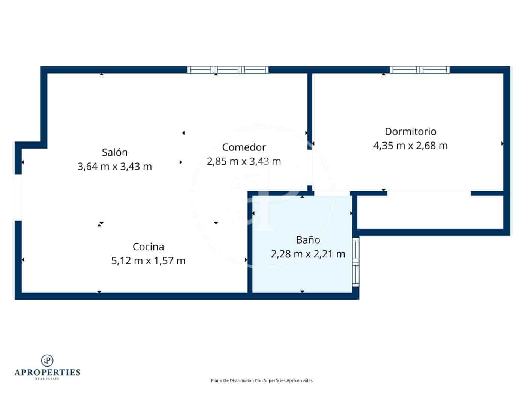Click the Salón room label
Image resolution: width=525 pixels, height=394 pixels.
tap(115, 152)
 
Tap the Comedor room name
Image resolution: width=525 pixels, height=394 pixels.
tap(244, 147)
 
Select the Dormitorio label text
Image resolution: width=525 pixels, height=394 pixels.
tap(410, 132)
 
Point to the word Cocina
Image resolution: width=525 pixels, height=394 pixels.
tap(148, 247)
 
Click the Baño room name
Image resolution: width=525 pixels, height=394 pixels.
tap(308, 240)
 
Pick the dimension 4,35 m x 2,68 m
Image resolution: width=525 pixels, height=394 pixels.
tap(410, 146)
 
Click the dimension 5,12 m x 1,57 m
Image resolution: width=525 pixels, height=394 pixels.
tap(148, 260)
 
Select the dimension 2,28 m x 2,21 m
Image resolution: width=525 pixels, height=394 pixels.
tap(308, 254)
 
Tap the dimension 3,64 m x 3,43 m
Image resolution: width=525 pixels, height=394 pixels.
tap(115, 166)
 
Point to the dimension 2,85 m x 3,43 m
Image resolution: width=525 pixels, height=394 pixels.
tap(244, 161)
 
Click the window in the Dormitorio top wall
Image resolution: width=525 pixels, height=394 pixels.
tap(419, 69)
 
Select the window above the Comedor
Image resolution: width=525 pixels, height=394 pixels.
tap(228, 69)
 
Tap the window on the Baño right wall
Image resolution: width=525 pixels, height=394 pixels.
tap(355, 262)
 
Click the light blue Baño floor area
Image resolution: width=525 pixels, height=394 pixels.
tap(285, 274)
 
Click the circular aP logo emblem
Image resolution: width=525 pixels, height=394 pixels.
tap(47, 360)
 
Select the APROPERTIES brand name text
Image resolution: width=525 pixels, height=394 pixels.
tap(47, 372)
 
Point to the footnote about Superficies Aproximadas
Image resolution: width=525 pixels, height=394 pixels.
tap(262, 380)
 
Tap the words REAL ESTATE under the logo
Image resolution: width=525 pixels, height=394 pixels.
tap(47, 379)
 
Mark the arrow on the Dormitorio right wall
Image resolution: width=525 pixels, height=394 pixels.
tap(502, 144)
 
